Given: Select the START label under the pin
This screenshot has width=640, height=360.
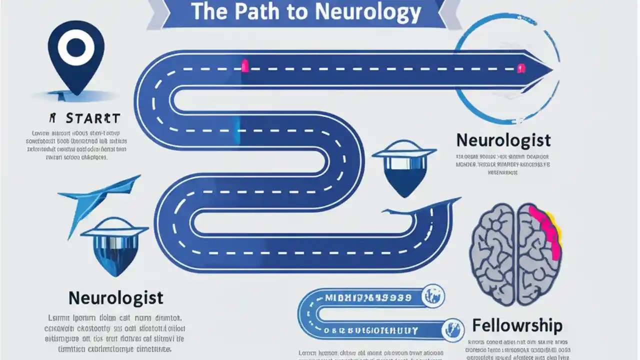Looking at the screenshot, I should [92, 118].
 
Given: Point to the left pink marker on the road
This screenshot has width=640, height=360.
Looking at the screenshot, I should [244, 66].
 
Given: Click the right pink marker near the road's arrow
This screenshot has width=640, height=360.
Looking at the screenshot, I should [521, 67].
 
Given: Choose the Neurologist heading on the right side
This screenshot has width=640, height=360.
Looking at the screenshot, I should [503, 140].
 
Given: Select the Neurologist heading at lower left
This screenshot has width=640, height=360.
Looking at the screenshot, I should [115, 298].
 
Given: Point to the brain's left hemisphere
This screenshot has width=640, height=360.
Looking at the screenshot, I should [493, 253].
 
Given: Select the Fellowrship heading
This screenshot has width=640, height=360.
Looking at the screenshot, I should [517, 326].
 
